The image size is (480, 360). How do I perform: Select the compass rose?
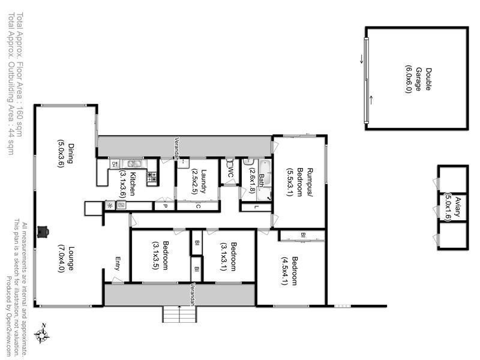(41, 334)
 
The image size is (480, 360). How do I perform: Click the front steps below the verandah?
(178, 314)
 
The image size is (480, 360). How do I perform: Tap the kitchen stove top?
(152, 176)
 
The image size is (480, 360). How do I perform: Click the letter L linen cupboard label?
(256, 206)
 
